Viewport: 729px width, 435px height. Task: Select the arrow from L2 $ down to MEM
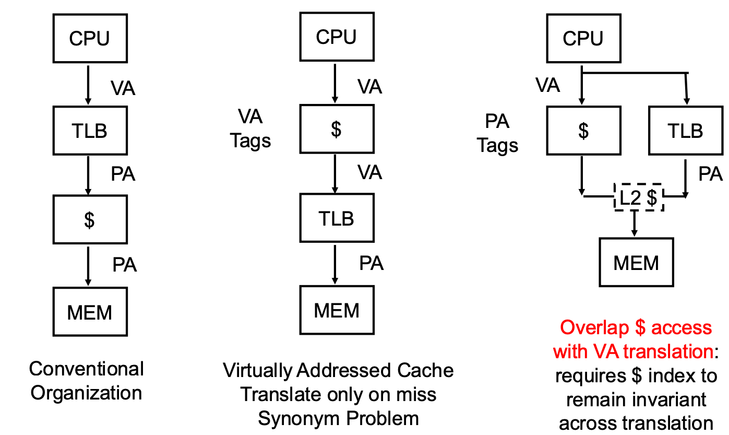(635, 224)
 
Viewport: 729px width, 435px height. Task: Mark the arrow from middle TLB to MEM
(335, 264)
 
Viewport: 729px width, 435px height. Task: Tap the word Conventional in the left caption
(86, 369)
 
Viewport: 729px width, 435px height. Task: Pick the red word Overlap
(594, 327)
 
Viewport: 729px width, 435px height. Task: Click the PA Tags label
(497, 133)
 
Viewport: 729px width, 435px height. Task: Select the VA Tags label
(250, 128)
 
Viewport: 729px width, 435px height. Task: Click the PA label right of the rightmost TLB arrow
(710, 173)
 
